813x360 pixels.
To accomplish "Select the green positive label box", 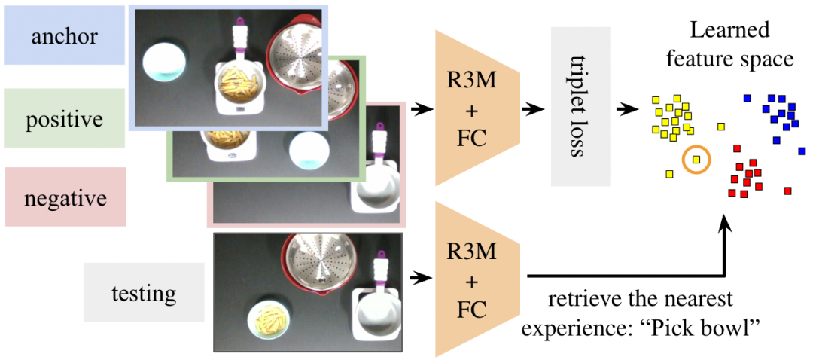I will (x=65, y=119).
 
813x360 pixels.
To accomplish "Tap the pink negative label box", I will (x=65, y=197).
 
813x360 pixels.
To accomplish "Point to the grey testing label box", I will (x=143, y=292).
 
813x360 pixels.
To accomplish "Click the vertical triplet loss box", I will (x=580, y=107).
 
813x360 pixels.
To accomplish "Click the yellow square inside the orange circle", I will (x=696, y=159).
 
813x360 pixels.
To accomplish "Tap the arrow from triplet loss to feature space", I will (x=626, y=109).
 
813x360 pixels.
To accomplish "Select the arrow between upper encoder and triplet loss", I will (x=534, y=109).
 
